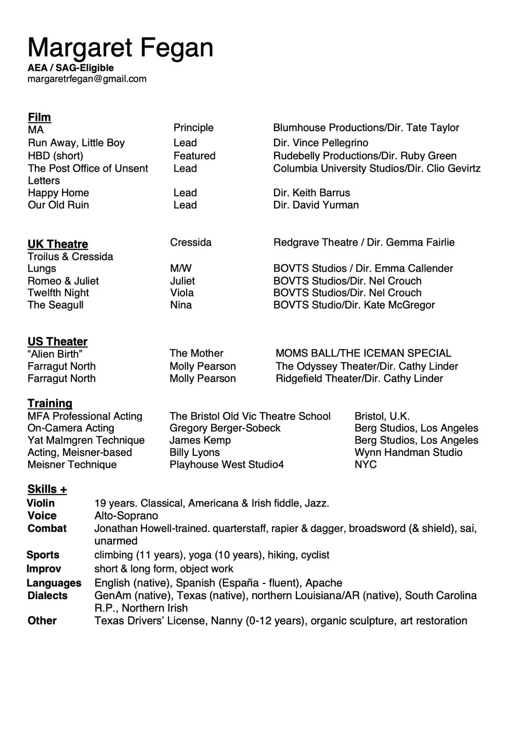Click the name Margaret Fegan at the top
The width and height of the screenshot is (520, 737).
[120, 47]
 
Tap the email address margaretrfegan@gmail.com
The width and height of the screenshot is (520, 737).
[87, 79]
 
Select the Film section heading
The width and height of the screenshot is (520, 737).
[40, 117]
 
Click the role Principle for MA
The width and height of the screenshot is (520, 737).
[193, 128]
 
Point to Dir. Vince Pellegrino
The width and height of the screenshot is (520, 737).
[320, 143]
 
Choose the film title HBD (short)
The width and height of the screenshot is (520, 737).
[56, 156]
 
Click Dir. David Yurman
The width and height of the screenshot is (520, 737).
[316, 205]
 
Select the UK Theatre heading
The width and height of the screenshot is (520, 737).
[58, 244]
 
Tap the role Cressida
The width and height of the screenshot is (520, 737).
[191, 243]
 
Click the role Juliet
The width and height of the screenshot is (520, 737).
[183, 281]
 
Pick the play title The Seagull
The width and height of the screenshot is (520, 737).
[56, 305]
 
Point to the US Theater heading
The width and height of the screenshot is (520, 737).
[57, 341]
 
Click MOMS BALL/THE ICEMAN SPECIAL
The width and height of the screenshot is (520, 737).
[363, 353]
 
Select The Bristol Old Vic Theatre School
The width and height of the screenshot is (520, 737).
[250, 416]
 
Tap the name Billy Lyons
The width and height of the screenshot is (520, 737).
[194, 453]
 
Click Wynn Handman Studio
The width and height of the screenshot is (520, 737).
[408, 453]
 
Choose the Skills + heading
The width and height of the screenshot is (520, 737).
[47, 489]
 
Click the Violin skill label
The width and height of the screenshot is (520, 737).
[41, 503]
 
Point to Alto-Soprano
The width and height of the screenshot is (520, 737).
[126, 516]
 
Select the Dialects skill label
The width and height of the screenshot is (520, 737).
[47, 596]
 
